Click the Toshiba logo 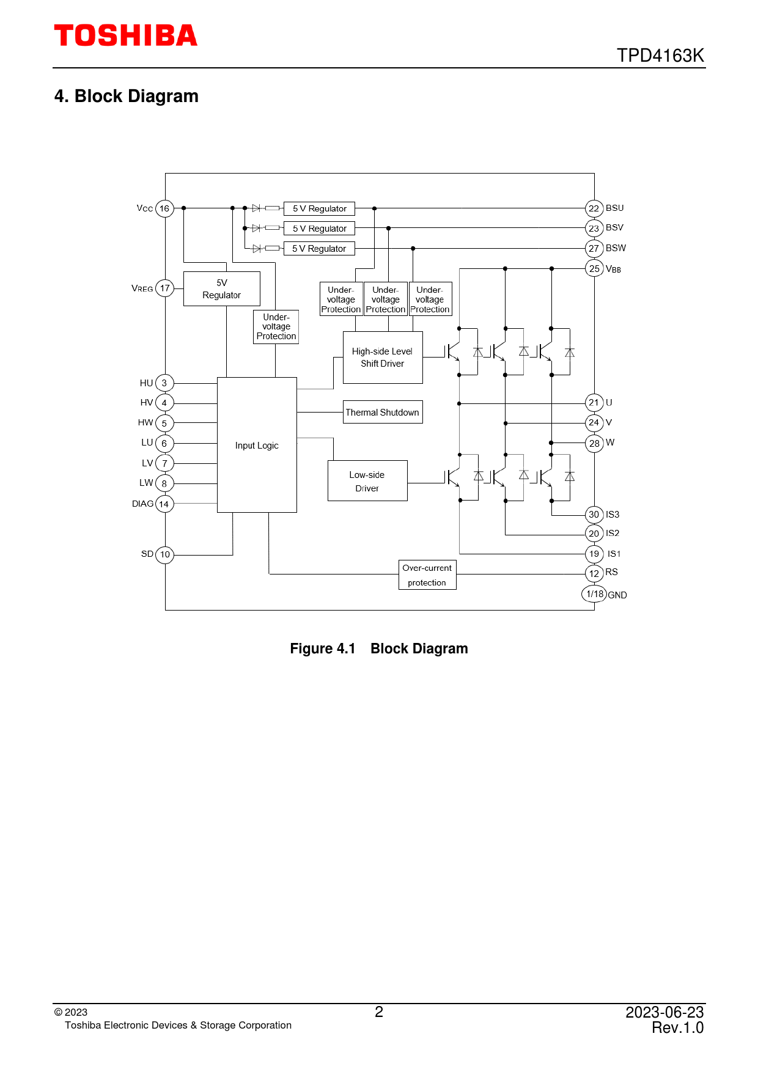point(125,35)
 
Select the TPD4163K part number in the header point(660,56)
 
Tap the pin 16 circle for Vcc point(164,208)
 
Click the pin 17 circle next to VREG point(164,288)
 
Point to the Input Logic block point(257,445)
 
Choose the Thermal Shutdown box point(383,413)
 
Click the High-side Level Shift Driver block point(383,358)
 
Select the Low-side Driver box point(367,481)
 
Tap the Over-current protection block point(427,575)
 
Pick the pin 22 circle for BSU point(594,208)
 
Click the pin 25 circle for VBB point(594,268)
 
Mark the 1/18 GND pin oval point(594,593)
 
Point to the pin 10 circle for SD point(164,554)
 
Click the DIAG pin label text point(142,504)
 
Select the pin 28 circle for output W point(594,443)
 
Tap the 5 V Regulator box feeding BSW point(319,249)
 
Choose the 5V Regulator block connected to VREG point(221,288)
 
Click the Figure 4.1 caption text point(378,648)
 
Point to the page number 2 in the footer point(379,1012)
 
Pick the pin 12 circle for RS point(594,573)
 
